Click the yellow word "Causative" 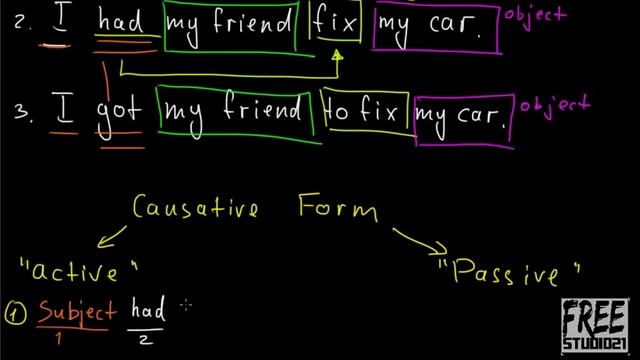coord(197,210)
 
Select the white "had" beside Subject coord(147,311)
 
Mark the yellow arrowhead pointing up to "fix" coord(337,56)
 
